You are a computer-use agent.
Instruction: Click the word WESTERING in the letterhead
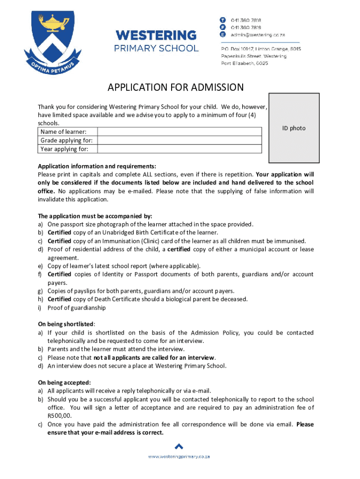(156, 35)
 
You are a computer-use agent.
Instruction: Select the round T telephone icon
(223, 20)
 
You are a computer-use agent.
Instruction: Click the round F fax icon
(223, 28)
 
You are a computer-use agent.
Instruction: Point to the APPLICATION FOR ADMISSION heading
(176, 87)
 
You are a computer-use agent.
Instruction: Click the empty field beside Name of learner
(179, 132)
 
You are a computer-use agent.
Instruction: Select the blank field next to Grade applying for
(179, 140)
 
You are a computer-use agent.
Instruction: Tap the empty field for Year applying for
(179, 149)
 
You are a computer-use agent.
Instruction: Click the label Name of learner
(63, 132)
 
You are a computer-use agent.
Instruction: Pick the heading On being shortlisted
(66, 324)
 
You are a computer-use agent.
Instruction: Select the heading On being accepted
(65, 382)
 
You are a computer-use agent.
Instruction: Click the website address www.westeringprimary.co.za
(179, 457)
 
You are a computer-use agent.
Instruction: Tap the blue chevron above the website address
(179, 446)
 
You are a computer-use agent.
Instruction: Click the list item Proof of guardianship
(77, 307)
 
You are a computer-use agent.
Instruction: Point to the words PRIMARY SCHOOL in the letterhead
(156, 48)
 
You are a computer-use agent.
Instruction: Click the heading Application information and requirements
(97, 166)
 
